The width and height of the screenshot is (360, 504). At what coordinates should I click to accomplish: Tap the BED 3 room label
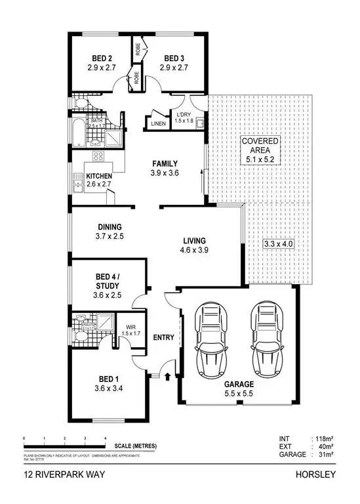(176, 57)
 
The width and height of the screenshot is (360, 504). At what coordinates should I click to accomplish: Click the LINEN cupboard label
(158, 123)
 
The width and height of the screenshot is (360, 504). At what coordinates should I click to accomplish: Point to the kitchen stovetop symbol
(100, 156)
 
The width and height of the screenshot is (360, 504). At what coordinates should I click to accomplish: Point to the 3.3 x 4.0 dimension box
(277, 244)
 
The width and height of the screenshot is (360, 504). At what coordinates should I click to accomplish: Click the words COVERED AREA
(260, 146)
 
